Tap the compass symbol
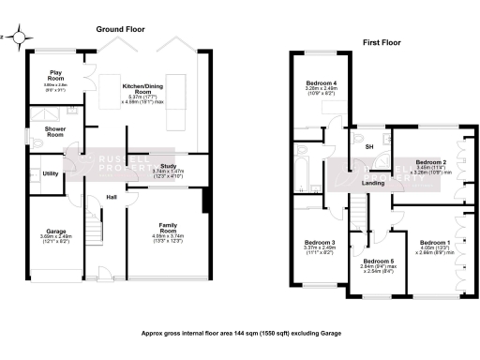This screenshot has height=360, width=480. click(x=11, y=38)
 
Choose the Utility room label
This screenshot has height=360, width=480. click(x=51, y=173)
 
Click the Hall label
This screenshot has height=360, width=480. click(x=112, y=197)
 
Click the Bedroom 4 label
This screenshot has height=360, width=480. click(x=320, y=83)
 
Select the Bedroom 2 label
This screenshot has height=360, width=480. click(x=432, y=161)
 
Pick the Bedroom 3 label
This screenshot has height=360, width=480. click(x=319, y=242)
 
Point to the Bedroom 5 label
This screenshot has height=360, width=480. click(x=378, y=260)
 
